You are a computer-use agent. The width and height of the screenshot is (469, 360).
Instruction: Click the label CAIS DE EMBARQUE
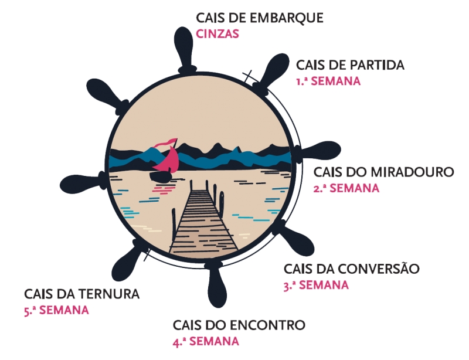(x=260, y=18)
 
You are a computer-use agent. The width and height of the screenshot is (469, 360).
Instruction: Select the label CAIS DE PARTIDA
(x=350, y=65)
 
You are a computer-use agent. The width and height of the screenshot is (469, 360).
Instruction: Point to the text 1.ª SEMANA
(x=328, y=81)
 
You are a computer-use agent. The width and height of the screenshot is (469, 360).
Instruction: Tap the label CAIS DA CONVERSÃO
(x=352, y=269)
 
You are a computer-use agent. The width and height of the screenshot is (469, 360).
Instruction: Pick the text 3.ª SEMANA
(x=315, y=286)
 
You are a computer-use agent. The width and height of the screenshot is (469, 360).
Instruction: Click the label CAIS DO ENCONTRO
(x=239, y=325)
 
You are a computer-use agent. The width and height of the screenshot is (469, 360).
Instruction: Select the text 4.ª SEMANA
(x=206, y=341)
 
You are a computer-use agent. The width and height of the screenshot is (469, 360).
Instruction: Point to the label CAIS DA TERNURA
(x=82, y=294)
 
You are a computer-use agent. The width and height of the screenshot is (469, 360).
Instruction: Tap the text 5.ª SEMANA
(x=56, y=310)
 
